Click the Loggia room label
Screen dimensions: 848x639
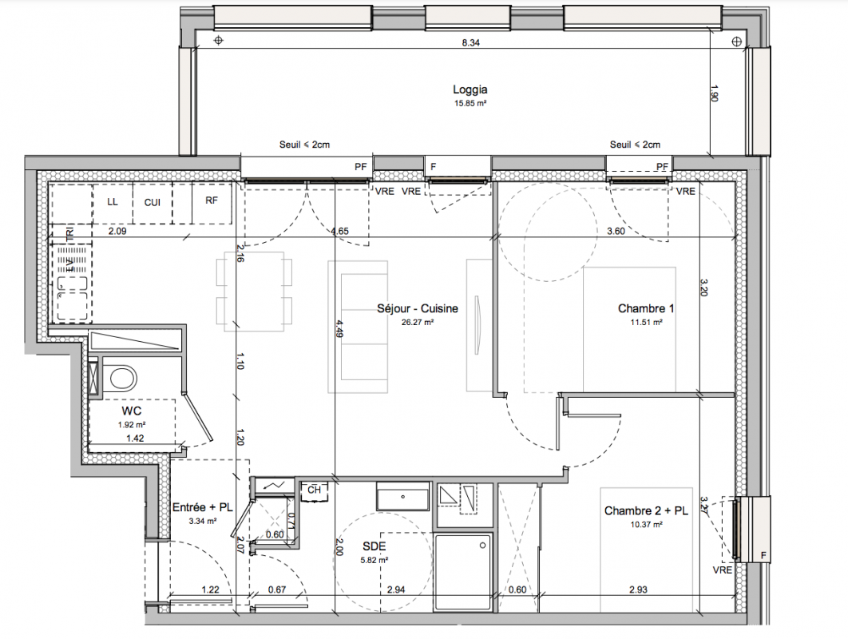470,89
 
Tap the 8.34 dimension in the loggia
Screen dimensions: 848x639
470,43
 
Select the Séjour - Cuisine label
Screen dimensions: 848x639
418,308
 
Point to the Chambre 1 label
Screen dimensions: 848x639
646,308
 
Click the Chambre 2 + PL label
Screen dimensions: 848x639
646,510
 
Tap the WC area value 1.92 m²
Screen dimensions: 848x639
132,425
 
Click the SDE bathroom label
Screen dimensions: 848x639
374,546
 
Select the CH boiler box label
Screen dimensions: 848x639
315,490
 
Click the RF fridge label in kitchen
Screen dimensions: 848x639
212,200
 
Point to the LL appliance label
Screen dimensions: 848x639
113,202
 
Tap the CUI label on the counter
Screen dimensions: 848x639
153,202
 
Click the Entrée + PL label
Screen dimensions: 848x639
202,507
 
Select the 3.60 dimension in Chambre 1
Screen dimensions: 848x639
616,231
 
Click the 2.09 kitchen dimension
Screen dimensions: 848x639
117,231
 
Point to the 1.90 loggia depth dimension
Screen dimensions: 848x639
713,93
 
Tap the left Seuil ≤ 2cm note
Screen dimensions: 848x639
304,145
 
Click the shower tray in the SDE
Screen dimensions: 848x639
463,573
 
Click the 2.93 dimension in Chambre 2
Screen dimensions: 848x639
638,589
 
